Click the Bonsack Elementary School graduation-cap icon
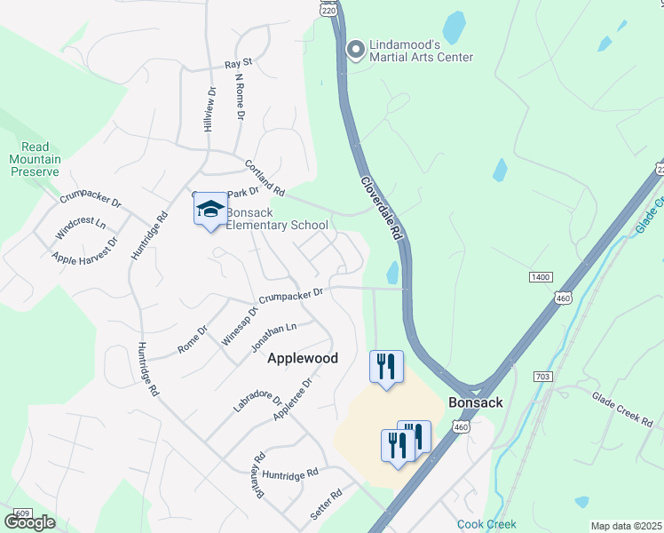tap(210, 210)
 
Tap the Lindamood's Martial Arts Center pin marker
tap(356, 49)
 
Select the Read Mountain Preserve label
tap(36, 159)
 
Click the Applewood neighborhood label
tap(303, 358)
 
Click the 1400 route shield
tap(541, 277)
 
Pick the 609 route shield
tap(23, 514)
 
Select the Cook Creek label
tap(480, 524)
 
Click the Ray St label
tap(239, 64)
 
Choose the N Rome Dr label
tap(239, 96)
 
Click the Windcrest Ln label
tap(80, 226)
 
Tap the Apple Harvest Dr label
tap(84, 251)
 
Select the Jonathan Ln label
tap(273, 335)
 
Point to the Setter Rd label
tap(325, 504)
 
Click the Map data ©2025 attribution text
tap(627, 526)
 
